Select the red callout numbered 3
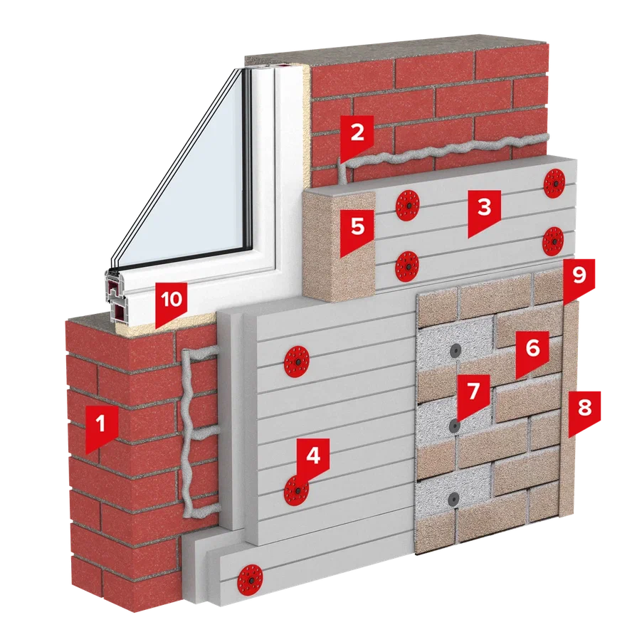tap(485, 211)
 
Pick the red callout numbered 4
tap(313, 458)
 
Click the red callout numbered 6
tap(532, 352)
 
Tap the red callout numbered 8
tap(584, 411)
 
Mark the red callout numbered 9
tap(579, 278)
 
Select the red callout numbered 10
tap(171, 302)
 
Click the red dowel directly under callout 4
tap(296, 490)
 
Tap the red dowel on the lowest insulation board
tap(250, 581)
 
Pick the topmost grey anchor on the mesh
tap(456, 350)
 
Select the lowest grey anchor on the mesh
tap(453, 499)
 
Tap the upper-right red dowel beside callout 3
tap(554, 183)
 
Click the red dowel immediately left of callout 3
tap(407, 205)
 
